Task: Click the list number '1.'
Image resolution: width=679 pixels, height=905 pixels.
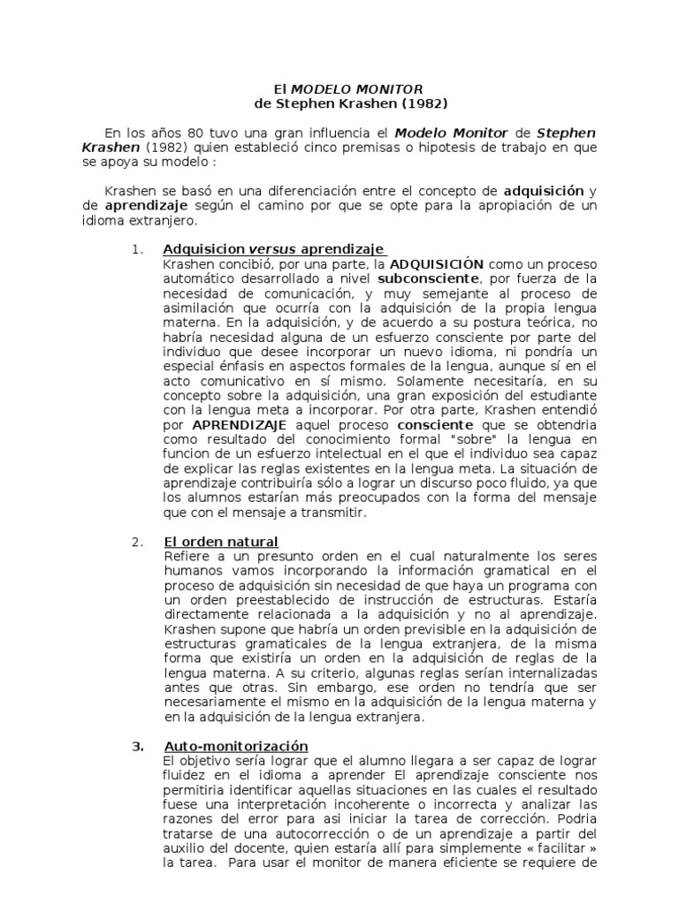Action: pyautogui.click(x=137, y=248)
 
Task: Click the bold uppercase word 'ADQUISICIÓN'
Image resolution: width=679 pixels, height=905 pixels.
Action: pyautogui.click(x=437, y=263)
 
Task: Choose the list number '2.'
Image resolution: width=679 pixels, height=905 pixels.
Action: pyautogui.click(x=137, y=541)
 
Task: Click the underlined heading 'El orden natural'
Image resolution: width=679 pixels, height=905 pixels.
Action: pyautogui.click(x=221, y=541)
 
